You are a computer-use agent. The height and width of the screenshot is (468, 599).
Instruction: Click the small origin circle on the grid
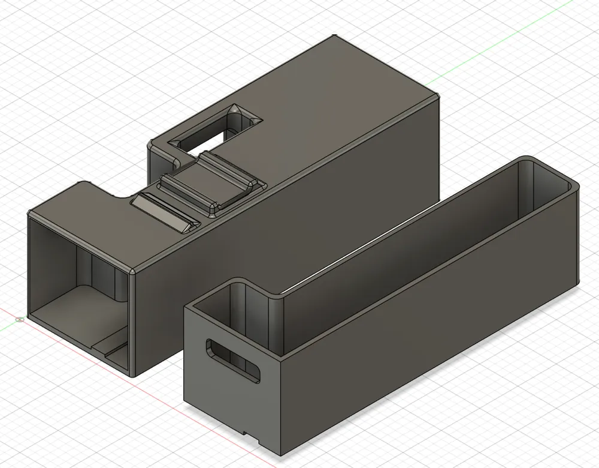[x=21, y=319]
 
